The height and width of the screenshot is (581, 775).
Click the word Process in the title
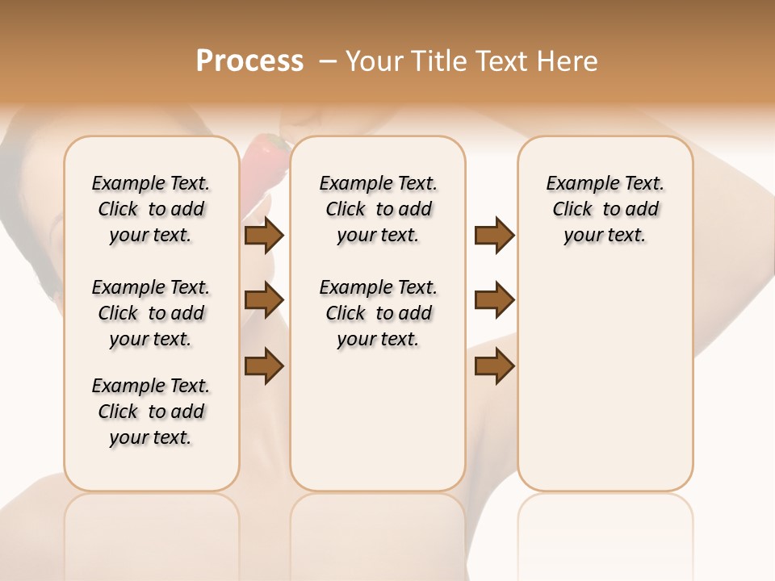pyautogui.click(x=249, y=61)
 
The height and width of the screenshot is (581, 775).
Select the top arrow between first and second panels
pyautogui.click(x=264, y=236)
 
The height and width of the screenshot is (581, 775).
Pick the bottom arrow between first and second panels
pyautogui.click(x=264, y=366)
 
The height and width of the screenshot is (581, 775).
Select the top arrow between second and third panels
pyautogui.click(x=494, y=236)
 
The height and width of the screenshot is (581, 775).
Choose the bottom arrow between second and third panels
pyautogui.click(x=494, y=366)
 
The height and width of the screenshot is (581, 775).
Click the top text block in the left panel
pyautogui.click(x=151, y=209)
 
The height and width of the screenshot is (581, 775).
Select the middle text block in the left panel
pyautogui.click(x=151, y=313)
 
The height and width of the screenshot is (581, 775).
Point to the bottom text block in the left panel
pyautogui.click(x=151, y=412)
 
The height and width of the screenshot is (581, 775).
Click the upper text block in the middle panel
pyautogui.click(x=378, y=209)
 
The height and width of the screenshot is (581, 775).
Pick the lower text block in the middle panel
pyautogui.click(x=378, y=313)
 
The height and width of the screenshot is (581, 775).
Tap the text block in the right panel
pyautogui.click(x=605, y=209)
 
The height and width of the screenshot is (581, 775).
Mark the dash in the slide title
pyautogui.click(x=328, y=61)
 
